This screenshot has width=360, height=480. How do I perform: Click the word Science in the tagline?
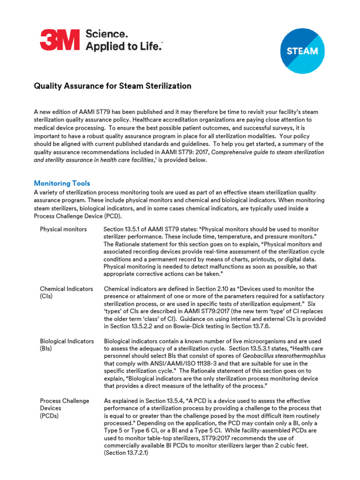106,34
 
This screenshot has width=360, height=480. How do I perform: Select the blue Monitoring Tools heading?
62,183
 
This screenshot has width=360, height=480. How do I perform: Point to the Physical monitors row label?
63,229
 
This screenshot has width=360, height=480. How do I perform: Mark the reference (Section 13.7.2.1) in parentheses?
126,453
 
